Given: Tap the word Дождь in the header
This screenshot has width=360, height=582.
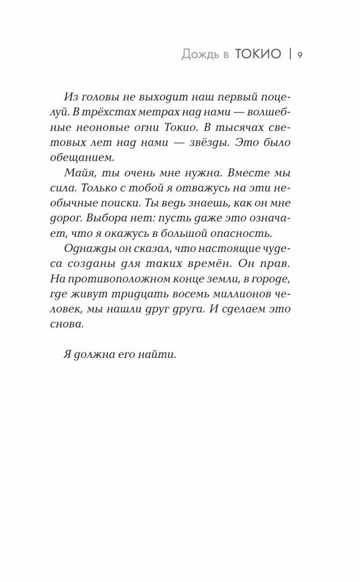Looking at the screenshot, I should [x=199, y=55].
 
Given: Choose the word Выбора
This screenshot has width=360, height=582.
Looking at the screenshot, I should [x=108, y=219].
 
